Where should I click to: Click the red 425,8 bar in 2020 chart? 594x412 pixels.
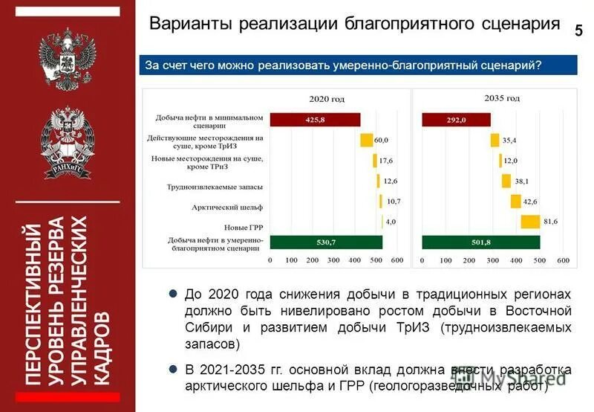[x=315, y=120]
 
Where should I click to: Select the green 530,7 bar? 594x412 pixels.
[x=326, y=242]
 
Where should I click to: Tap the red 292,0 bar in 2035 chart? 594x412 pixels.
[x=456, y=120]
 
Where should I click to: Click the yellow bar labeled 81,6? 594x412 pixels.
[x=530, y=222]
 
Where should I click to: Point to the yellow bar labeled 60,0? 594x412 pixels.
[x=366, y=140]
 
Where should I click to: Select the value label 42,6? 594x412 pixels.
[x=529, y=201]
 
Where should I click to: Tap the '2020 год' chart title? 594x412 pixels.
[x=327, y=98]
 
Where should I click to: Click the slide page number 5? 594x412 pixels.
[x=578, y=30]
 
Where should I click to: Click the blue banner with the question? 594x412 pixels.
[x=359, y=65]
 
